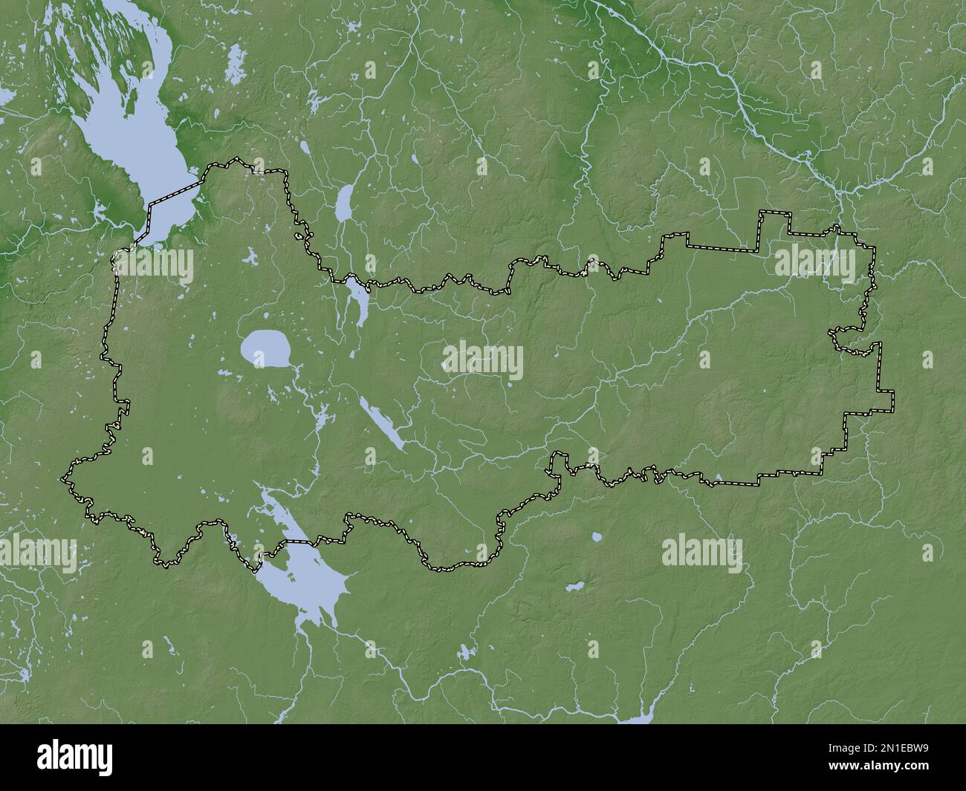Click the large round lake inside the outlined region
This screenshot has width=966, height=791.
coord(265,348)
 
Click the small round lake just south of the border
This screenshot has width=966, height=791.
coord(595,536)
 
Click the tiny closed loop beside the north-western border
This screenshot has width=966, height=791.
coord(299,237)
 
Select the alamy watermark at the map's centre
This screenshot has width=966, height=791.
coord(482,360)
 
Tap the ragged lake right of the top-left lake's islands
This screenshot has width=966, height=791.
coord(236,56)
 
